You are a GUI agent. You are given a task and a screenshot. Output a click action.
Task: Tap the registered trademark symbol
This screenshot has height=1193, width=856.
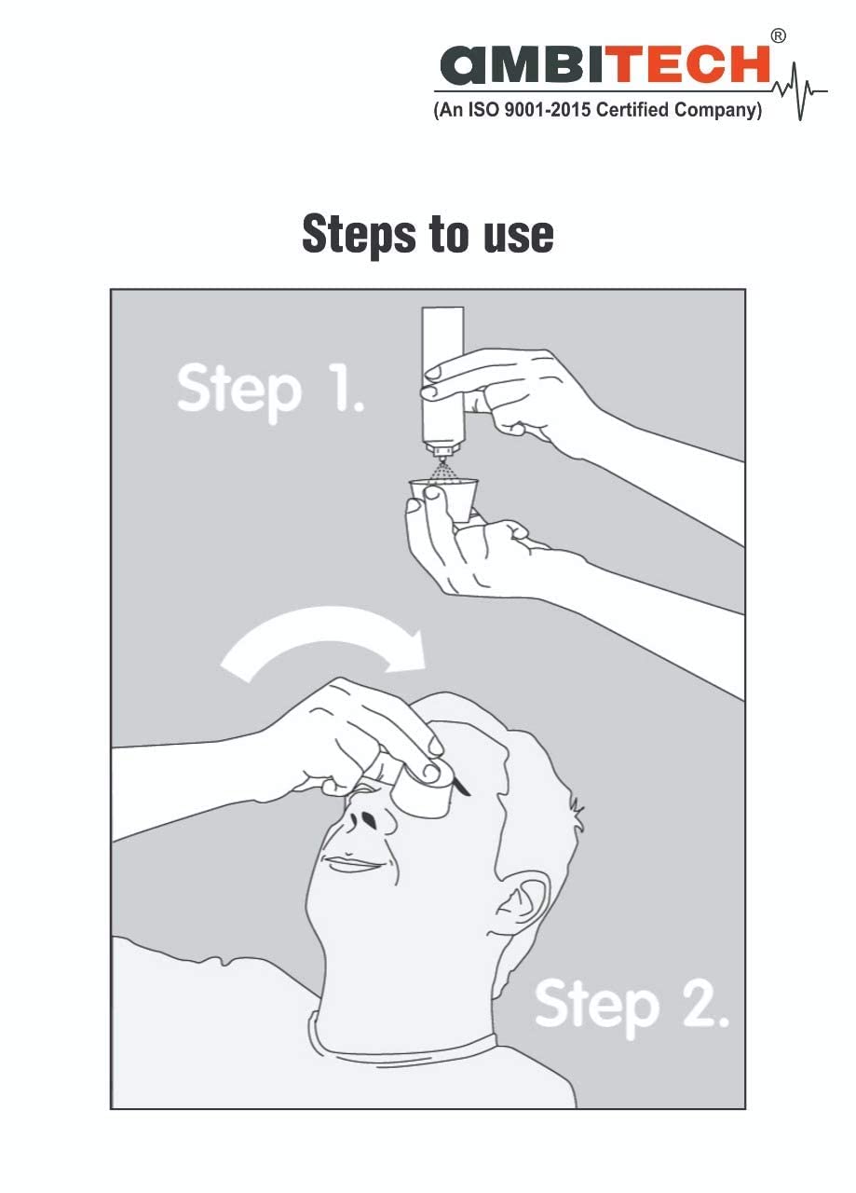pos(779,35)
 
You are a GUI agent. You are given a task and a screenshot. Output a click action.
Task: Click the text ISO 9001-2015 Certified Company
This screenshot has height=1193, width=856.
pos(598,111)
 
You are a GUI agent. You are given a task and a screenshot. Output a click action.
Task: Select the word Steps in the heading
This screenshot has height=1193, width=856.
pos(361,234)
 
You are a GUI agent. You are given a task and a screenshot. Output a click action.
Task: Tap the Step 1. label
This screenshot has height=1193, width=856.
pos(270,390)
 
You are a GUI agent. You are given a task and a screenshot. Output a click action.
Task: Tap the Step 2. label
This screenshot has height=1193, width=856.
pos(631,1005)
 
